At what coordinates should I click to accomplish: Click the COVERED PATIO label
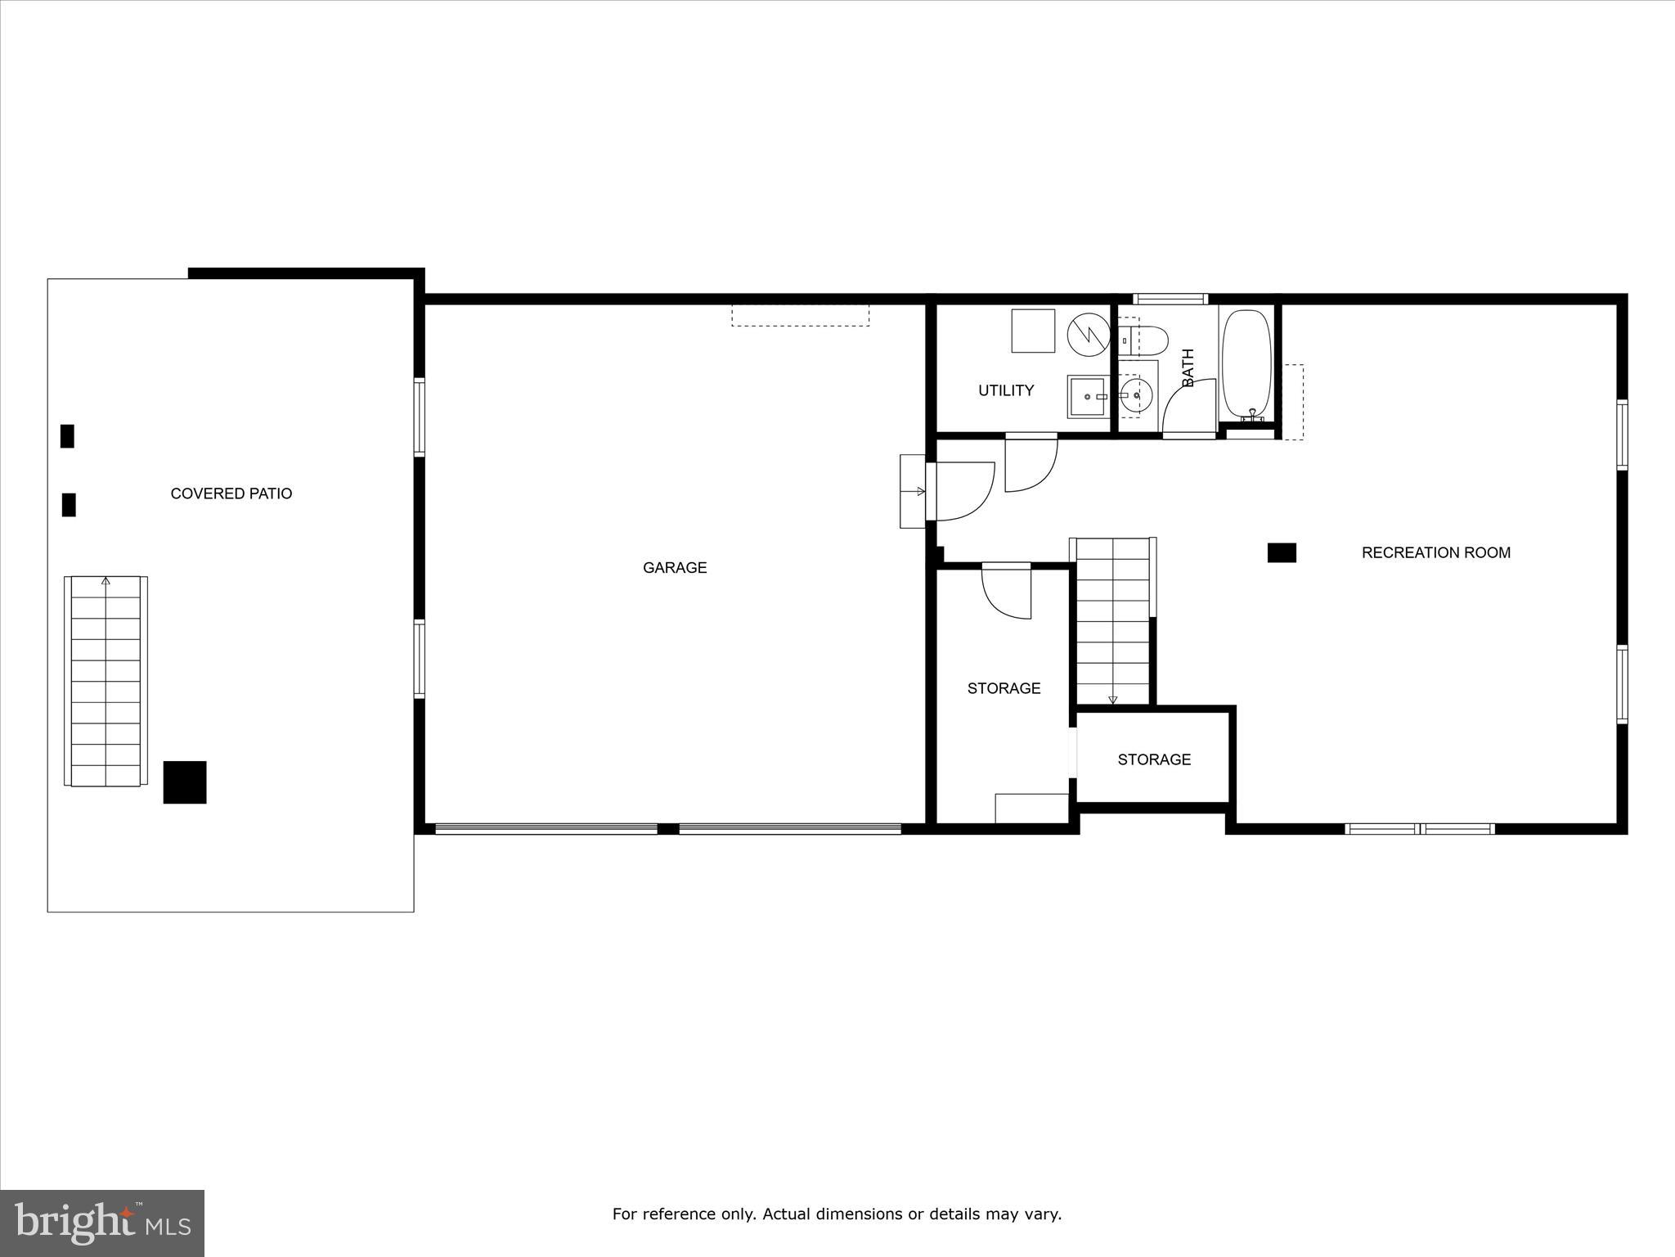point(231,493)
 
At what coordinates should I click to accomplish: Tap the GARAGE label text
point(674,567)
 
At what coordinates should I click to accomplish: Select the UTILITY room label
point(1005,390)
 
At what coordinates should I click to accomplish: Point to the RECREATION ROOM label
point(1435,552)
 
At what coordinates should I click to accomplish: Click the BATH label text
point(1188,367)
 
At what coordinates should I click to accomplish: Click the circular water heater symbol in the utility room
point(1088,336)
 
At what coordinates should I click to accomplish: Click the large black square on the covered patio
point(185,782)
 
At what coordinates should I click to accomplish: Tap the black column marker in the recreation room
point(1281,553)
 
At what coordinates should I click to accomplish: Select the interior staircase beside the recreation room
point(1112,620)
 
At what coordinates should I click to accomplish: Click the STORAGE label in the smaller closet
point(1153,759)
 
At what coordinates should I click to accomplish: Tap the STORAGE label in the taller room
point(1004,688)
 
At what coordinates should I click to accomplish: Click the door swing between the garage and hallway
point(961,491)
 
